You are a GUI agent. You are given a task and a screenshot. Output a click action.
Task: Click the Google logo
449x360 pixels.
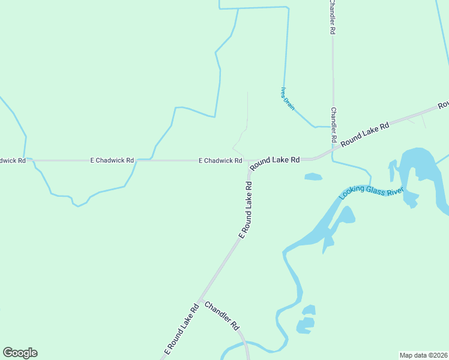click(x=20, y=353)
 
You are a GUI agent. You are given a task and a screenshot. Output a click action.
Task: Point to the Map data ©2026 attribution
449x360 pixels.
click(x=423, y=355)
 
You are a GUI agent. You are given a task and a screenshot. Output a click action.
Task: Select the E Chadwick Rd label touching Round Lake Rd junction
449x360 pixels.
click(x=220, y=161)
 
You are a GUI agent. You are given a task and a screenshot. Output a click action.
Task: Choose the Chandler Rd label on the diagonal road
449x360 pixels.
click(x=222, y=316)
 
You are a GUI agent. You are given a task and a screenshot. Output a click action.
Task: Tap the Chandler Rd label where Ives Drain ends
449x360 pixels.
click(x=333, y=125)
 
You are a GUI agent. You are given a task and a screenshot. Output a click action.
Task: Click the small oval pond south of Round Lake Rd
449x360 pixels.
click(x=313, y=176)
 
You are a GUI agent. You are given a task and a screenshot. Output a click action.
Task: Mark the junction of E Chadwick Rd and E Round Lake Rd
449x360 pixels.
click(x=247, y=162)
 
